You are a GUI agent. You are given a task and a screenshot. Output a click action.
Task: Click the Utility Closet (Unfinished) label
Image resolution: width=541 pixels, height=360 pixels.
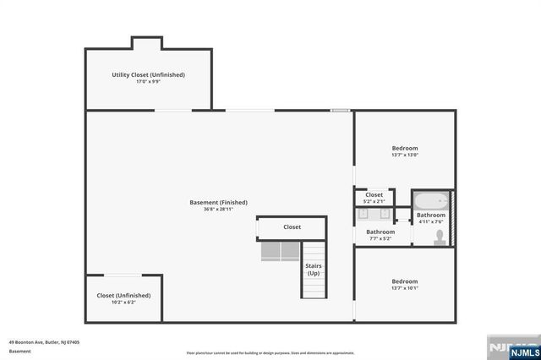(x=148, y=74)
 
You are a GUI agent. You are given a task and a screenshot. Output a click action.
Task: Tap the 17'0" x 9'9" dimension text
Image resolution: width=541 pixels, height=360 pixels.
(x=148, y=82)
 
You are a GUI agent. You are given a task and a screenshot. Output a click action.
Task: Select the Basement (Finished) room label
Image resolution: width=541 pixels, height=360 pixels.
(x=218, y=202)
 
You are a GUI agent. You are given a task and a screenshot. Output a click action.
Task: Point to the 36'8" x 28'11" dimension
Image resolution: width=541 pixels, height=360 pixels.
(x=218, y=210)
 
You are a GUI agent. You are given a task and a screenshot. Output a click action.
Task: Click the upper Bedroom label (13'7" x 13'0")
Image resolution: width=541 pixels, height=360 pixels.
(x=404, y=148)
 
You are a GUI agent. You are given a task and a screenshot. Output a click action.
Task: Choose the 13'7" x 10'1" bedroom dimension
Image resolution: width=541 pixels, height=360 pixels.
(x=404, y=288)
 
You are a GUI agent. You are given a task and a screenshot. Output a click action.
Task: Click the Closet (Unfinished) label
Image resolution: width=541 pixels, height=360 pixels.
(x=123, y=295)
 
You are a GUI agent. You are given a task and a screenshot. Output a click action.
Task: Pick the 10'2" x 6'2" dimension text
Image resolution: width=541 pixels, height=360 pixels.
(x=123, y=303)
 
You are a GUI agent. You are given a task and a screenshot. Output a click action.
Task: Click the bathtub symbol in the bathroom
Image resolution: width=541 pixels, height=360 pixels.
(x=430, y=202)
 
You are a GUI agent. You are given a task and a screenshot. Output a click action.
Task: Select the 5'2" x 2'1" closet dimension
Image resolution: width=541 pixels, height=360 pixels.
(x=374, y=201)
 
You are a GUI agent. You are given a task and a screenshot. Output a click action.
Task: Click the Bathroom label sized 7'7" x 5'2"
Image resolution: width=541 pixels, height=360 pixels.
(x=380, y=232)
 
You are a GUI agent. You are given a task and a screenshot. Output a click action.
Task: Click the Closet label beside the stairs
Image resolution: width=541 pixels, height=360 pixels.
(x=292, y=226)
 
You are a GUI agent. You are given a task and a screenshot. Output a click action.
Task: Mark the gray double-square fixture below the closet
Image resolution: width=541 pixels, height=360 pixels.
(x=278, y=251)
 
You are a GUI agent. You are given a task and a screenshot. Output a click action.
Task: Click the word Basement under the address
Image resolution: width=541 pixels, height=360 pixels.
(x=20, y=351)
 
